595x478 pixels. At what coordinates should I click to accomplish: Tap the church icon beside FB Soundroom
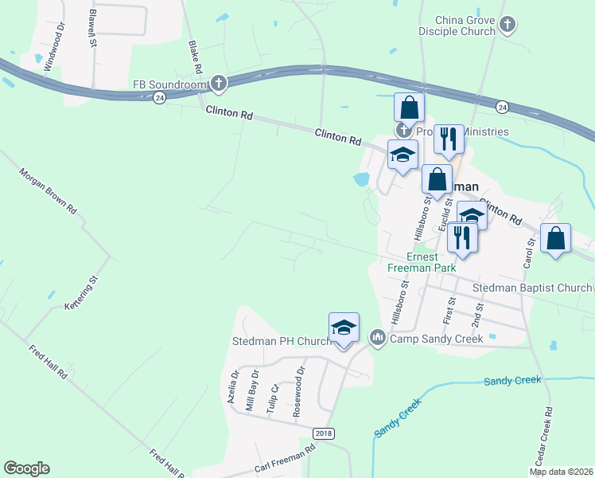219,82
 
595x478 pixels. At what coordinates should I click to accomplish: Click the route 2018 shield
325,433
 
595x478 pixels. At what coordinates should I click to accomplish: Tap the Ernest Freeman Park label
422,262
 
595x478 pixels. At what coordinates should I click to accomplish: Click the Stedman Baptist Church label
532,288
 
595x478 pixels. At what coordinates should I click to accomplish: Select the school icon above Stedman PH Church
344,328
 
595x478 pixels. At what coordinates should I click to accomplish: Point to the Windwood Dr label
52,52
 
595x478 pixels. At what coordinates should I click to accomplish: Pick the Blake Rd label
195,56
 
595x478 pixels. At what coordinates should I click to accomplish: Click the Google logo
26,468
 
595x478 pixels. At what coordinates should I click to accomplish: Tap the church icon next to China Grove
507,25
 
